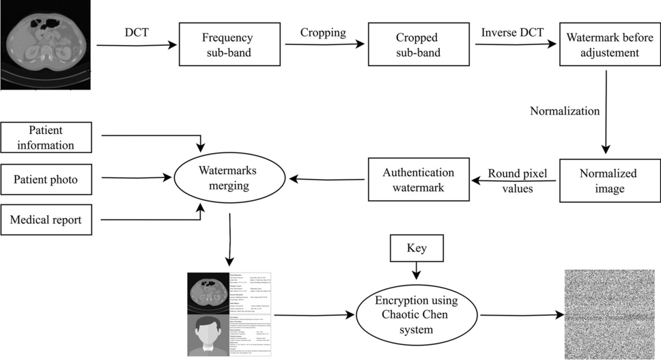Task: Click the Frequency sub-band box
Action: [x=229, y=44]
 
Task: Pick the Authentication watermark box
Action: [x=419, y=180]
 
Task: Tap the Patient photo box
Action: [x=46, y=180]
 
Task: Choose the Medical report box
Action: [x=46, y=220]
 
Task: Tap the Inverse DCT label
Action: [x=513, y=33]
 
